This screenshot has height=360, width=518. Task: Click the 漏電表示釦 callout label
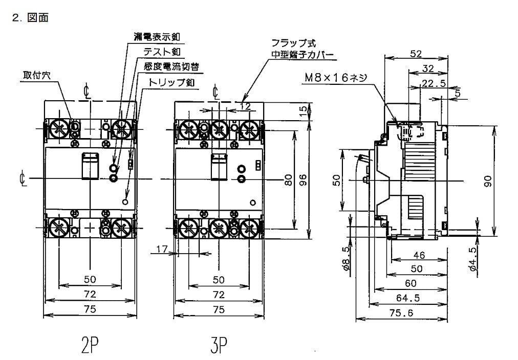(158, 37)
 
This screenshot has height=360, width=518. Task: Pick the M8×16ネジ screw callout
(335, 77)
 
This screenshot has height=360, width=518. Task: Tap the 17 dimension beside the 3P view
(162, 249)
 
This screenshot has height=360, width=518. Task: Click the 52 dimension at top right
(416, 53)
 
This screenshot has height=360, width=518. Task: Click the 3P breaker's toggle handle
(219, 167)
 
